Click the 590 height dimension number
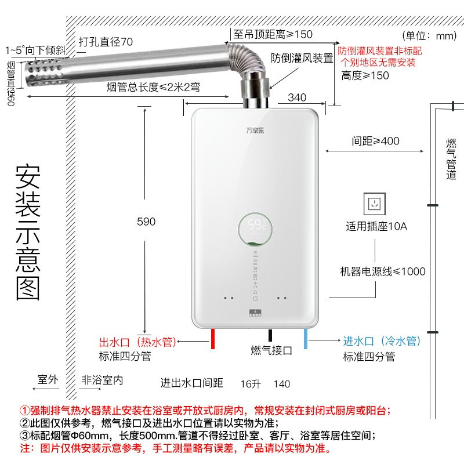click(146, 222)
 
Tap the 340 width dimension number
click(296, 97)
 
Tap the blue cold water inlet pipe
click(306, 338)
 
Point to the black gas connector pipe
click(270, 336)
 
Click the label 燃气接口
click(271, 351)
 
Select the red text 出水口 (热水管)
click(137, 342)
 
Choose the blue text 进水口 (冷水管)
click(382, 342)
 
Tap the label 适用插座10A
click(376, 226)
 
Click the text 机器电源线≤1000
click(382, 271)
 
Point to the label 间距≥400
click(375, 141)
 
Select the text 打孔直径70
click(106, 42)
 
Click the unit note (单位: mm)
click(430, 36)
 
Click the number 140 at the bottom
click(281, 384)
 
